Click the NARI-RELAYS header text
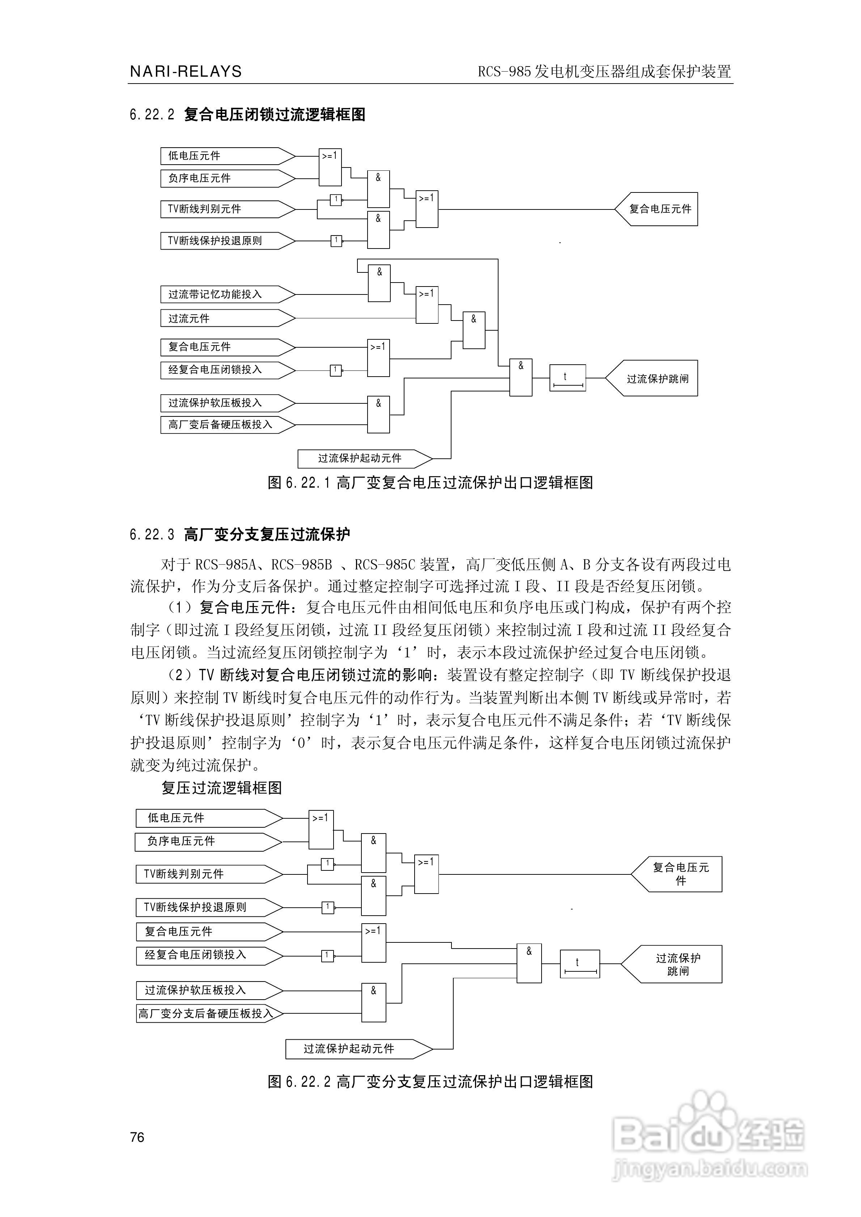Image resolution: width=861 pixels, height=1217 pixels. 186,72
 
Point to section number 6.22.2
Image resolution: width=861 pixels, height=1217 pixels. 152,114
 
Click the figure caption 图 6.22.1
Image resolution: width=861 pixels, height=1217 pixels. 430,483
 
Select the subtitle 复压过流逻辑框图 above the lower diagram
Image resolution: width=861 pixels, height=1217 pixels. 222,788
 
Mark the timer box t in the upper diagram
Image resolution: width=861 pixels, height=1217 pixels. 567,378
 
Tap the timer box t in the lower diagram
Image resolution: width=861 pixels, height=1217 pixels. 580,964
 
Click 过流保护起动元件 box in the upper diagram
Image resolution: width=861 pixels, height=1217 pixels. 361,458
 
